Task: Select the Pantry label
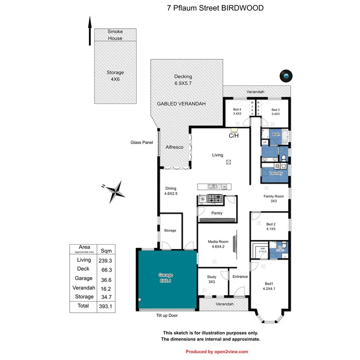click(x=217, y=213)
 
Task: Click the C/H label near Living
click(x=233, y=136)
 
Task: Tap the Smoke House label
click(x=115, y=35)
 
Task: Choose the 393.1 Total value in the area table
click(x=103, y=306)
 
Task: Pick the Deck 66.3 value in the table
click(x=103, y=269)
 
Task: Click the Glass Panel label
click(x=141, y=143)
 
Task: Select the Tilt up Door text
click(x=165, y=315)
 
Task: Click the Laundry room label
click(x=276, y=173)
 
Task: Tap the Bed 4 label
click(x=237, y=110)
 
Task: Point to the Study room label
click(x=211, y=277)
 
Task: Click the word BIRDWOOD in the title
click(x=242, y=8)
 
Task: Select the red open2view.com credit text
click(x=217, y=352)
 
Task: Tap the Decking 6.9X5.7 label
click(x=183, y=80)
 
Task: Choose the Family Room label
click(x=273, y=196)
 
